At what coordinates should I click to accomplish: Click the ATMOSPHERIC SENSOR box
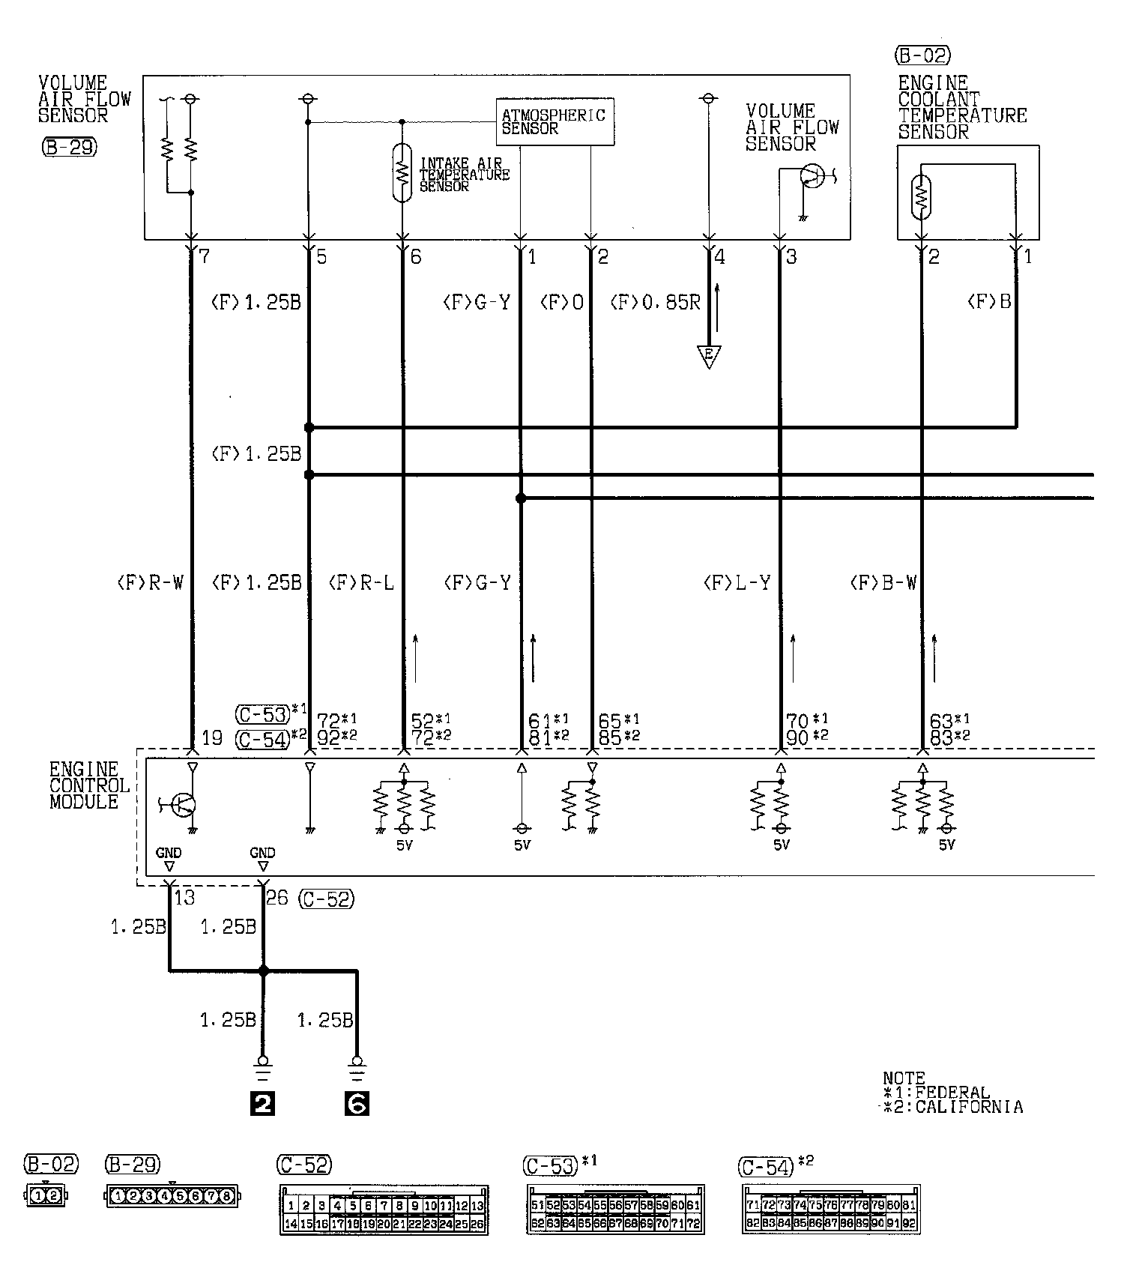tap(555, 121)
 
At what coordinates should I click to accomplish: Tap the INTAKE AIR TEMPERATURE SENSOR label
tap(464, 175)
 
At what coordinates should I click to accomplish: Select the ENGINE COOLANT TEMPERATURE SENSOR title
tap(961, 107)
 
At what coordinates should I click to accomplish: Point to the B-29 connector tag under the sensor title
tap(70, 147)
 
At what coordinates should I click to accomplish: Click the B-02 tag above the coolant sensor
tap(922, 55)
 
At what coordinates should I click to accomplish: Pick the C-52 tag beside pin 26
tap(326, 899)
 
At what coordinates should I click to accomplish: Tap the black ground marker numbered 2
tap(262, 1103)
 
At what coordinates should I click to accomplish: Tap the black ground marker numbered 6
tap(357, 1103)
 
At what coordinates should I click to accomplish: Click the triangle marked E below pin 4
tap(708, 356)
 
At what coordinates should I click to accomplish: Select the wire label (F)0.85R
tap(655, 302)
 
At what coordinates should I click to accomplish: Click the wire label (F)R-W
tap(150, 582)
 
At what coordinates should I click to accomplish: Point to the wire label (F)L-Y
tap(737, 582)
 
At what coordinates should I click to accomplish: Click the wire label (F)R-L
tap(361, 582)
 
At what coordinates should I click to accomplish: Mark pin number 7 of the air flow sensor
tap(204, 258)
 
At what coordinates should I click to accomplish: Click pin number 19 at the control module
tap(212, 737)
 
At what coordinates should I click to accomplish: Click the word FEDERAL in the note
tap(952, 1093)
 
